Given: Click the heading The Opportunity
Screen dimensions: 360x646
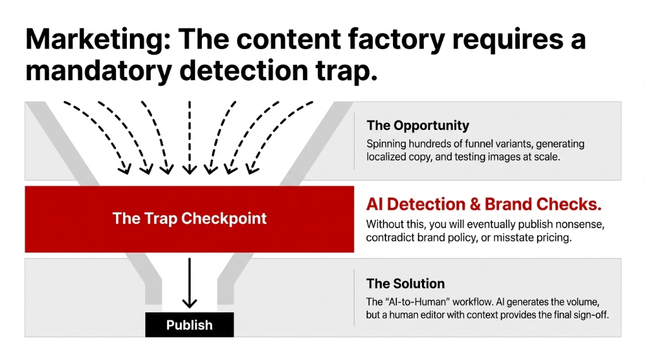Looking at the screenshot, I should (418, 125).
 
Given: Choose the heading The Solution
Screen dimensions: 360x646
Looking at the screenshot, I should (406, 284).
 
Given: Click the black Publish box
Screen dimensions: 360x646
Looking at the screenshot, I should (189, 325).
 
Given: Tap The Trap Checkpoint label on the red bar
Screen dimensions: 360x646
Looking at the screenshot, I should (189, 219).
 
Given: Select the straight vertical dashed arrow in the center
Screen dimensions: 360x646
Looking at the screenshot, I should (189, 136).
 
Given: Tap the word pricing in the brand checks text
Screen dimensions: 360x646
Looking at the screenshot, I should (548, 238).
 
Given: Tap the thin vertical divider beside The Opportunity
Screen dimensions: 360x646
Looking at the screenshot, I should (355, 141).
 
